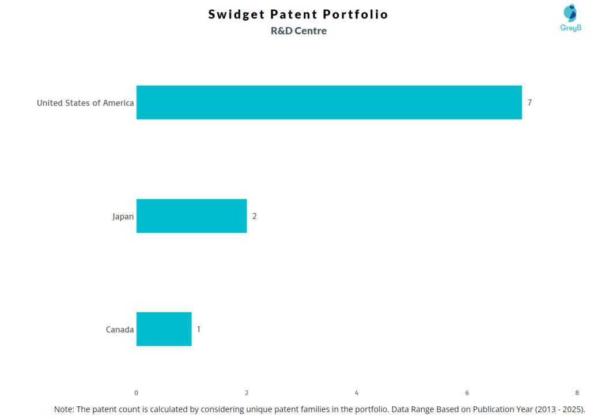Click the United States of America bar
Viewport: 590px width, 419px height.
(329, 103)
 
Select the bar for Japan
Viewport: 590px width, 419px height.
(191, 216)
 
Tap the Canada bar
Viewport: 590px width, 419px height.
(164, 329)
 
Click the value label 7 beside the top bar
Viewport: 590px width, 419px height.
(530, 103)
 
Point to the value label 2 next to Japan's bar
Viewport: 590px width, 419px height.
(254, 216)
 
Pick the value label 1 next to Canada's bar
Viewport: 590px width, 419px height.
(199, 329)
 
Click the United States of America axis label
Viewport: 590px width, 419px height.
(85, 103)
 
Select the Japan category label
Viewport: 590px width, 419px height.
(123, 217)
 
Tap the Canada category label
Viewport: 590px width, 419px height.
(120, 330)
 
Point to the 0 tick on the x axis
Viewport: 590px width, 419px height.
(137, 392)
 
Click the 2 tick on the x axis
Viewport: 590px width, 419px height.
(247, 392)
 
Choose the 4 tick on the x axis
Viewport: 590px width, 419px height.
(357, 392)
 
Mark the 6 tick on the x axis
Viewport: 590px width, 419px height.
(467, 392)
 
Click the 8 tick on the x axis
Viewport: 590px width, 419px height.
(577, 392)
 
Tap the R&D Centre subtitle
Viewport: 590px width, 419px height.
(298, 31)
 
